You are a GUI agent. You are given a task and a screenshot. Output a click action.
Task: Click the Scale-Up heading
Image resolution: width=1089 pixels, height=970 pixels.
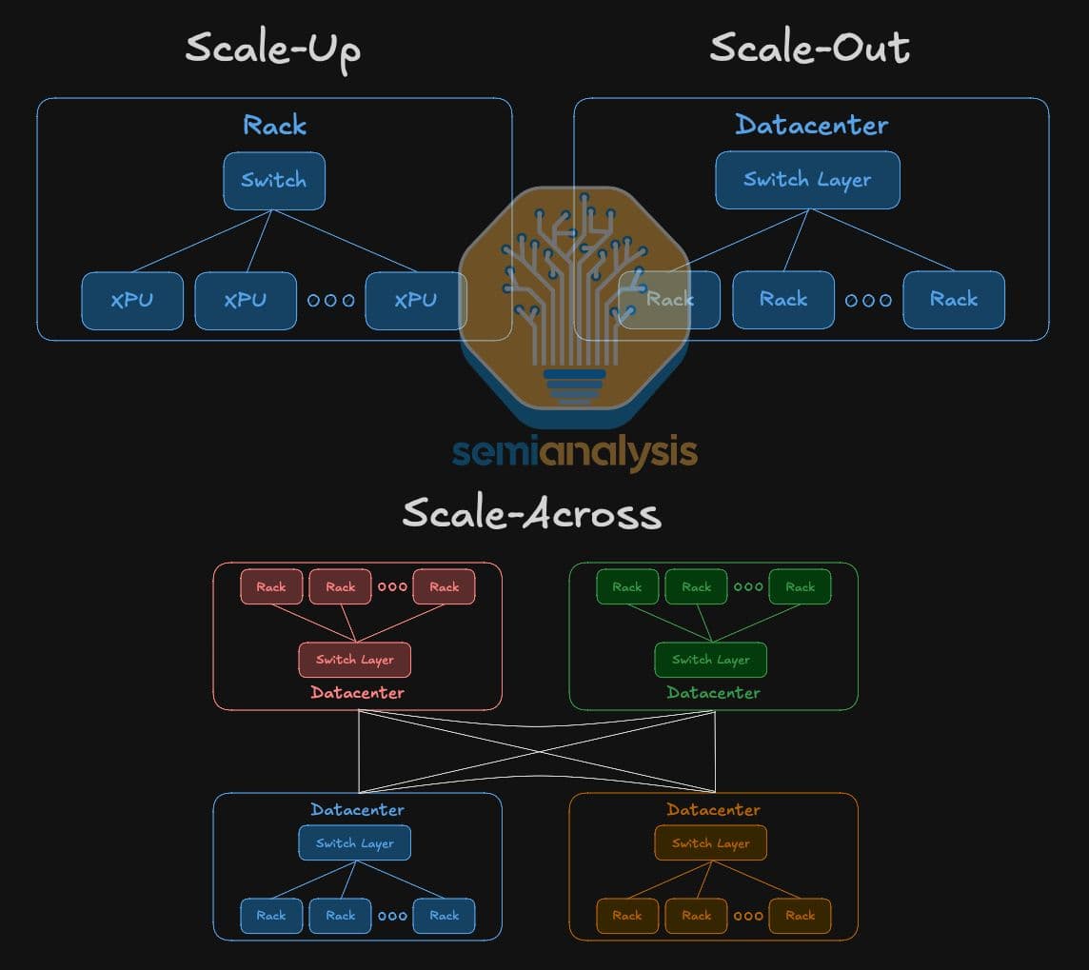(x=273, y=50)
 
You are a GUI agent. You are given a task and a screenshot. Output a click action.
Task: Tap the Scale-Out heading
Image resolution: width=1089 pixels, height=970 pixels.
(x=810, y=48)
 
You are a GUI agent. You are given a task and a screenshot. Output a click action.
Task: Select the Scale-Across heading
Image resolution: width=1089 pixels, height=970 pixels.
(x=532, y=513)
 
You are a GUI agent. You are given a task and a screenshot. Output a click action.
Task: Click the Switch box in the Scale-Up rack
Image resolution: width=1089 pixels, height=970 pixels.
(x=274, y=181)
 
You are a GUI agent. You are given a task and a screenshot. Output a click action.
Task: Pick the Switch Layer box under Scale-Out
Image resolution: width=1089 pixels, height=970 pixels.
(x=808, y=180)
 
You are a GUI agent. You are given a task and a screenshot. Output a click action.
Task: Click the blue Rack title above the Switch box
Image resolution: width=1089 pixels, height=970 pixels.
(x=274, y=125)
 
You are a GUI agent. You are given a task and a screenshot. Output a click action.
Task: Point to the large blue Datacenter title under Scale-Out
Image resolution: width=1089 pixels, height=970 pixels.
(x=811, y=125)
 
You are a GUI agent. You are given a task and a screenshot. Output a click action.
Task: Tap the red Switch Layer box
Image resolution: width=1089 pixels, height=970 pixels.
(x=355, y=660)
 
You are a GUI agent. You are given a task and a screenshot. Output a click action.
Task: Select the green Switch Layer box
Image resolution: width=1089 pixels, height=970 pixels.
(x=710, y=660)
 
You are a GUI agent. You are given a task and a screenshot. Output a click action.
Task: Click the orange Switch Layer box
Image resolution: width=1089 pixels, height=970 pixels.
(x=710, y=843)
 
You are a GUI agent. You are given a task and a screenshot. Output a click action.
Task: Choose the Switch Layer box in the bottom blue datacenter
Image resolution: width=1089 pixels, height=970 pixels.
(x=355, y=843)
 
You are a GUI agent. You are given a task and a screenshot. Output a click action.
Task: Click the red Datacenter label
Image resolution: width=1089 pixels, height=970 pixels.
(x=357, y=692)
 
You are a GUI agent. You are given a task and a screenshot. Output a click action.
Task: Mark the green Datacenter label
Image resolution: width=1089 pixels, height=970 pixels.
(x=713, y=692)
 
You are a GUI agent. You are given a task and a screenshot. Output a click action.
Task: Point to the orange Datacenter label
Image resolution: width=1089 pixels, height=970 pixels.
(x=713, y=810)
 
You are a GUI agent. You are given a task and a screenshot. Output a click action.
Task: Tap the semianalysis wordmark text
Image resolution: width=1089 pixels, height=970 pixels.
(x=574, y=453)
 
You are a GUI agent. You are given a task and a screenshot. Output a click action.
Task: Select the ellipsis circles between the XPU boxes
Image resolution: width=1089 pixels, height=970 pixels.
(x=331, y=301)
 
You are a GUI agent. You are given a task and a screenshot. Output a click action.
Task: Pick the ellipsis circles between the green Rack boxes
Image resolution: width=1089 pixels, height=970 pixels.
(x=748, y=586)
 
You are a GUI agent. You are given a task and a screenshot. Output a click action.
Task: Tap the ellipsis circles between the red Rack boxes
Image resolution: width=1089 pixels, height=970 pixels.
(x=392, y=586)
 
